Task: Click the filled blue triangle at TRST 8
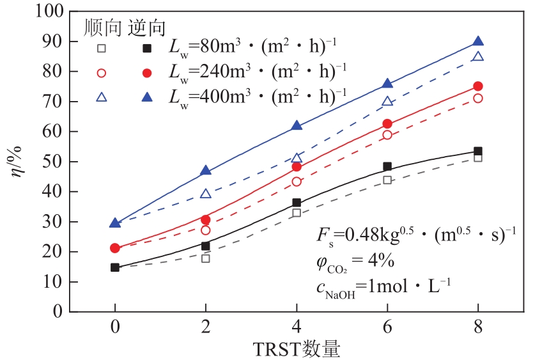[478, 42]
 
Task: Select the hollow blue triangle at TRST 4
[297, 158]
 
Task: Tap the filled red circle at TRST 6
[387, 124]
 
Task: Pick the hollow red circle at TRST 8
[478, 98]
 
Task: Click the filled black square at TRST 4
[297, 203]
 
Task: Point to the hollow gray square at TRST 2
[206, 258]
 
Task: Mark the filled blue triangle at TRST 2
[206, 171]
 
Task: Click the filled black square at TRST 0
[115, 267]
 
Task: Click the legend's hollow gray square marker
[101, 49]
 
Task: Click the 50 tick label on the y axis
[53, 162]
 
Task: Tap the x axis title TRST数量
[296, 348]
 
